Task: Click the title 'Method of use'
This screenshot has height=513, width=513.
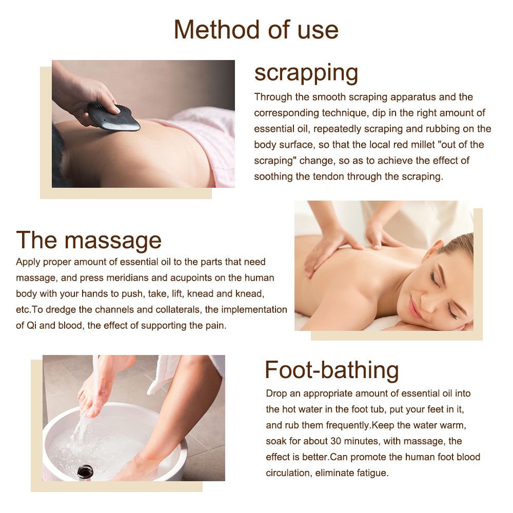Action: [256, 30]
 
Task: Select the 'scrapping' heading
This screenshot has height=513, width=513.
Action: [306, 73]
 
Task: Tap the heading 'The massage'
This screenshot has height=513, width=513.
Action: [89, 240]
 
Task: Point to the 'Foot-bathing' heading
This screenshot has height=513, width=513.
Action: [332, 370]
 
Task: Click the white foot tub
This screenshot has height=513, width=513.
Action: [114, 442]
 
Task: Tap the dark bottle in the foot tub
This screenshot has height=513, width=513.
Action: [85, 471]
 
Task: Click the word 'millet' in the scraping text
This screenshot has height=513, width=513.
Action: [423, 145]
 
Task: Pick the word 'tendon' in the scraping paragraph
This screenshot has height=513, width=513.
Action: [328, 176]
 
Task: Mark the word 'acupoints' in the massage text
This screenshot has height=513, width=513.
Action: [190, 278]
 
